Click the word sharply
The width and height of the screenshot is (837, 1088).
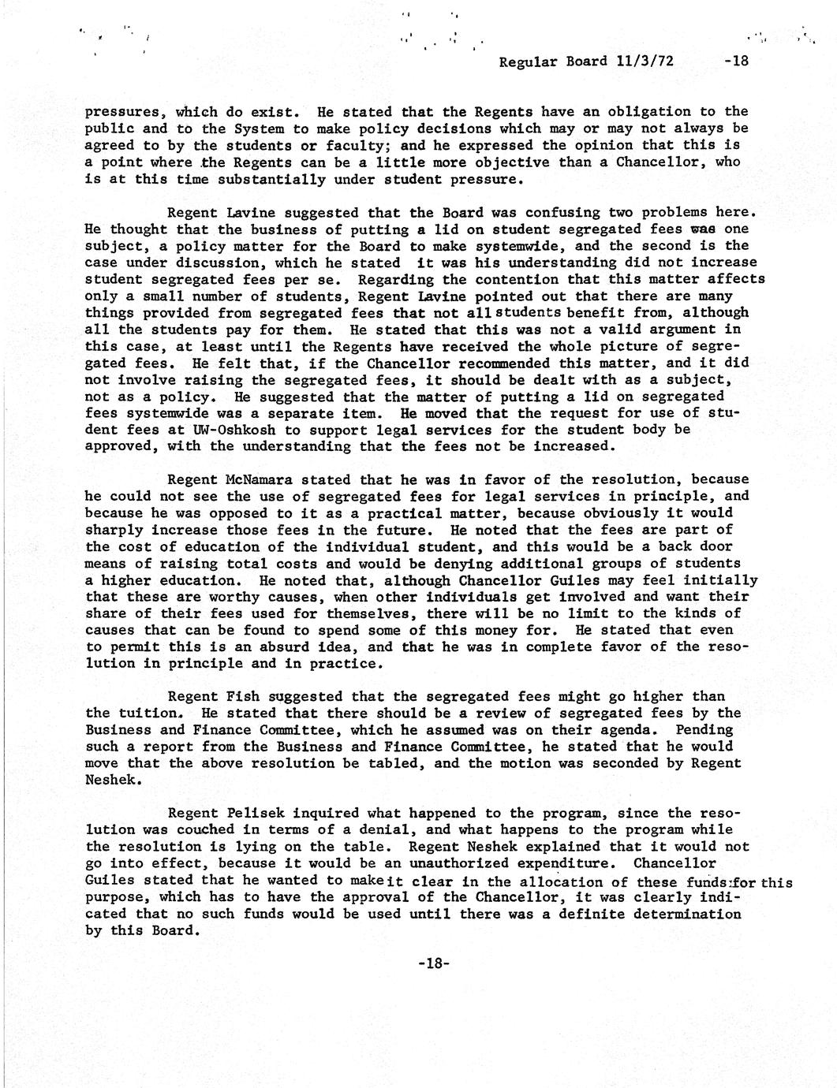(x=114, y=531)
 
